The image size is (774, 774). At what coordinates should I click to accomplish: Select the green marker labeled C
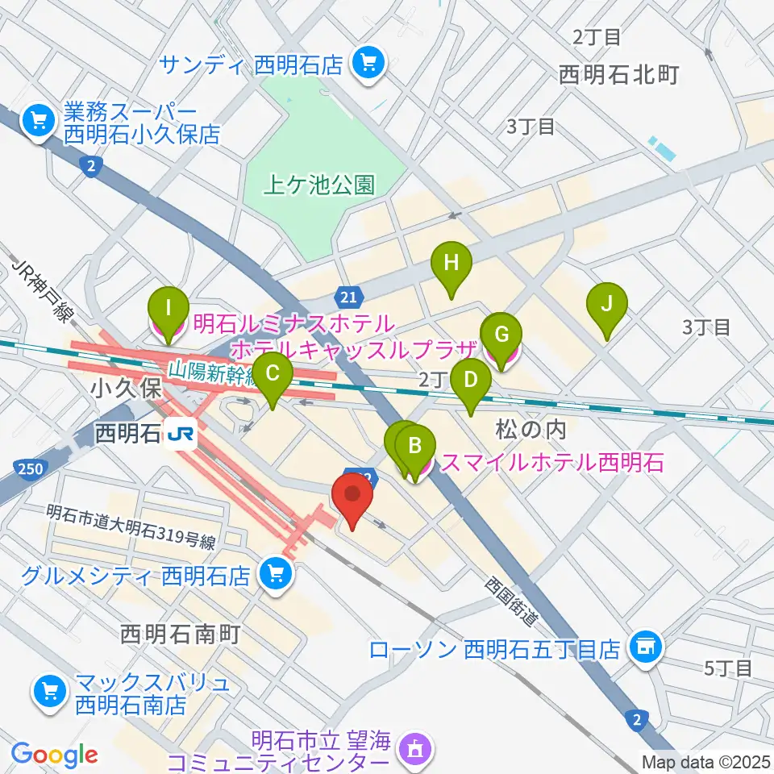click(273, 373)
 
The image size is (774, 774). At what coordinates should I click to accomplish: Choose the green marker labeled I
click(169, 308)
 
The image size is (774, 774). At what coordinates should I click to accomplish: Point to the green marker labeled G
click(501, 334)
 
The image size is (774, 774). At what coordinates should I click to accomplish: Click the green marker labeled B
click(415, 445)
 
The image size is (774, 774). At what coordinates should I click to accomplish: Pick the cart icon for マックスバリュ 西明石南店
click(48, 690)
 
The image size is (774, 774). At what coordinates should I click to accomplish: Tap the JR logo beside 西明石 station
click(179, 435)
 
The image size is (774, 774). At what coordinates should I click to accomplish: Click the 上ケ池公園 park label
click(319, 185)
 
